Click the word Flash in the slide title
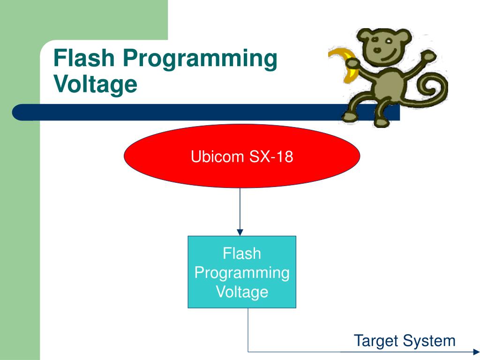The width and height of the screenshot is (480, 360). coord(84,58)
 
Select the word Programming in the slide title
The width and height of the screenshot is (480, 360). coord(200,60)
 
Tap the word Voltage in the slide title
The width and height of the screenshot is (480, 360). coord(95,85)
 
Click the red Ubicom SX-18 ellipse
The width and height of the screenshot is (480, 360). coord(242,156)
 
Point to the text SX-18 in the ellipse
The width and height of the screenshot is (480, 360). coord(271,157)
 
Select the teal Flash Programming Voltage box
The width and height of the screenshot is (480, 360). coord(242,272)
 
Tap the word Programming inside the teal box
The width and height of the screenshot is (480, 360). coord(242,273)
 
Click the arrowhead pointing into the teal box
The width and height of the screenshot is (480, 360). coord(240,232)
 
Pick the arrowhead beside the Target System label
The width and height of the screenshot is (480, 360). coord(477,352)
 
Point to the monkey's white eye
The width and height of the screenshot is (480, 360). coord(388,41)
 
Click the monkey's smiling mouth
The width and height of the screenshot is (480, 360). coord(388,57)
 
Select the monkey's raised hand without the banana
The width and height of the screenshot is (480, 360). coord(428,57)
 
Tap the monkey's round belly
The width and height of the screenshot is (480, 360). coord(389,85)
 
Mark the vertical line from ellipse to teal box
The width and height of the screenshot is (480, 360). coord(240,208)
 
